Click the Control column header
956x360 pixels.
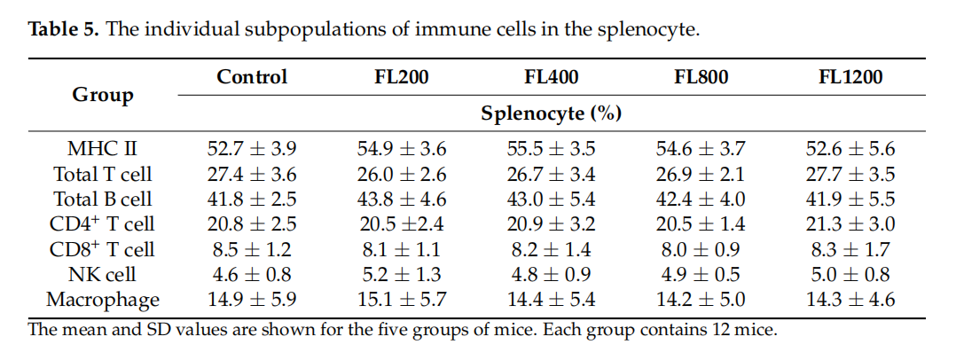252,77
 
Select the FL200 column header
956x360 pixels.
402,77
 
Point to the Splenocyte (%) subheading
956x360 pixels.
551,113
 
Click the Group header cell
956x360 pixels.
103,95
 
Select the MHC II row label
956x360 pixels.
103,149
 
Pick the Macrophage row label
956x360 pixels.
103,300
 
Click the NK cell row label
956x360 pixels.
103,275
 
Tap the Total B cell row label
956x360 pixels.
103,200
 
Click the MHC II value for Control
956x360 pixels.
252,149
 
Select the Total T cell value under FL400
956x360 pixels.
552,175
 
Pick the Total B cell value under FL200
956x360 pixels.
402,200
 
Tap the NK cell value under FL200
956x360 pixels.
402,275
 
